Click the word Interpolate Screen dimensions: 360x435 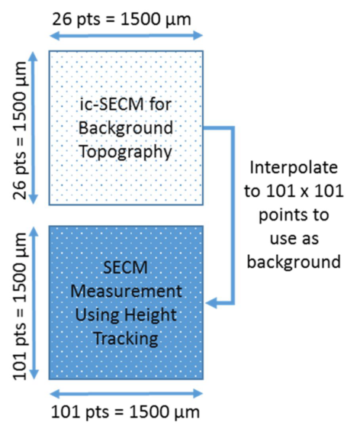coord(294,168)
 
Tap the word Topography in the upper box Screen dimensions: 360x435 coord(126,153)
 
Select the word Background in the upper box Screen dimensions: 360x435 coord(126,128)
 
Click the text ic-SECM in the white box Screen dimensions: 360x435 coord(111,105)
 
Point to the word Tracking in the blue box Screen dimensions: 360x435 coord(126,339)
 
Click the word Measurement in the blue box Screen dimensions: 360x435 coord(126,292)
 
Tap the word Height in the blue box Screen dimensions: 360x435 coord(150,315)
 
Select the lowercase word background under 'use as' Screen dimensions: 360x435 coord(294,262)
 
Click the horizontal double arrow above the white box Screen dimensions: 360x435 coord(126,36)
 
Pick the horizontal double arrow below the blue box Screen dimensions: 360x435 coord(126,393)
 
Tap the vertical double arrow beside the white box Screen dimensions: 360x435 coord(34,128)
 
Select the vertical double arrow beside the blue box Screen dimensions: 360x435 coord(34,303)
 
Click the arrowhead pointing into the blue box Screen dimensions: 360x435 coord(211,303)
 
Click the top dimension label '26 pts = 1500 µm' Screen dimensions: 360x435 coord(121,20)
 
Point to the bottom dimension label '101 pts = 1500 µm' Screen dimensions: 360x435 coord(125,411)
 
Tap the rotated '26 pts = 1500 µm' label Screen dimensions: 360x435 coord(20,130)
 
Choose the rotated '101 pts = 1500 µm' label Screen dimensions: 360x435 coord(20,306)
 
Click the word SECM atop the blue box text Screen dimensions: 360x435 coord(125,268)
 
